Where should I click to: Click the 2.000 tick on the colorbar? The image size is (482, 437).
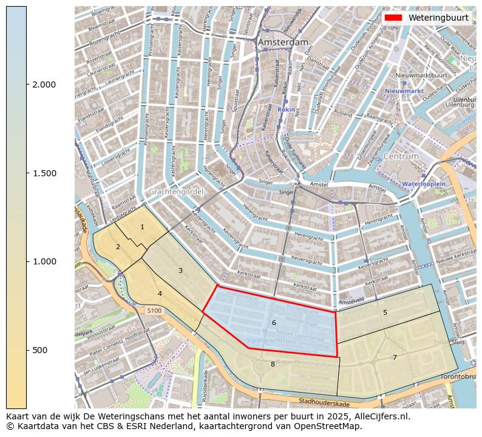click(x=27, y=84)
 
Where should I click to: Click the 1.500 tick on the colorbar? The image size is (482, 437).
click(x=27, y=173)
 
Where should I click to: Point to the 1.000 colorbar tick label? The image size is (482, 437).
click(x=44, y=261)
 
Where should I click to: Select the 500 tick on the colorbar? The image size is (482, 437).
click(x=27, y=350)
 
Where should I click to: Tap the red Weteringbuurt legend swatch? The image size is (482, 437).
click(x=393, y=18)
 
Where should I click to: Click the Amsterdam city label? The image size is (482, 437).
click(x=282, y=43)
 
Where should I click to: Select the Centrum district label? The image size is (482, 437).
click(x=401, y=156)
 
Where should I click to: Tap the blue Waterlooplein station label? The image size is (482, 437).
click(x=424, y=183)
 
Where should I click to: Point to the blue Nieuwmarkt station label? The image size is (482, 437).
click(x=404, y=91)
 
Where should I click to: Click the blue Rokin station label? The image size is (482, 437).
click(x=286, y=110)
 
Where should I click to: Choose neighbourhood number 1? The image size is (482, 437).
click(x=142, y=227)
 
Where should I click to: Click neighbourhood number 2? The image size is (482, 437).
click(x=118, y=247)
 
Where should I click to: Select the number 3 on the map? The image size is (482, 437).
click(x=180, y=270)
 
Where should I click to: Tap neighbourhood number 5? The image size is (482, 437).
click(x=385, y=312)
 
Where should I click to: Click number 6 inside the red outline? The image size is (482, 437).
click(x=274, y=323)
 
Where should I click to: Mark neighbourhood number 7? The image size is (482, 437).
click(x=395, y=357)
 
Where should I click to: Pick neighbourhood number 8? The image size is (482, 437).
click(x=273, y=364)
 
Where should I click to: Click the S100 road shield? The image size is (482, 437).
click(x=154, y=311)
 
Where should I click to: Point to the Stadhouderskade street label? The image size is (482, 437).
click(x=324, y=402)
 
